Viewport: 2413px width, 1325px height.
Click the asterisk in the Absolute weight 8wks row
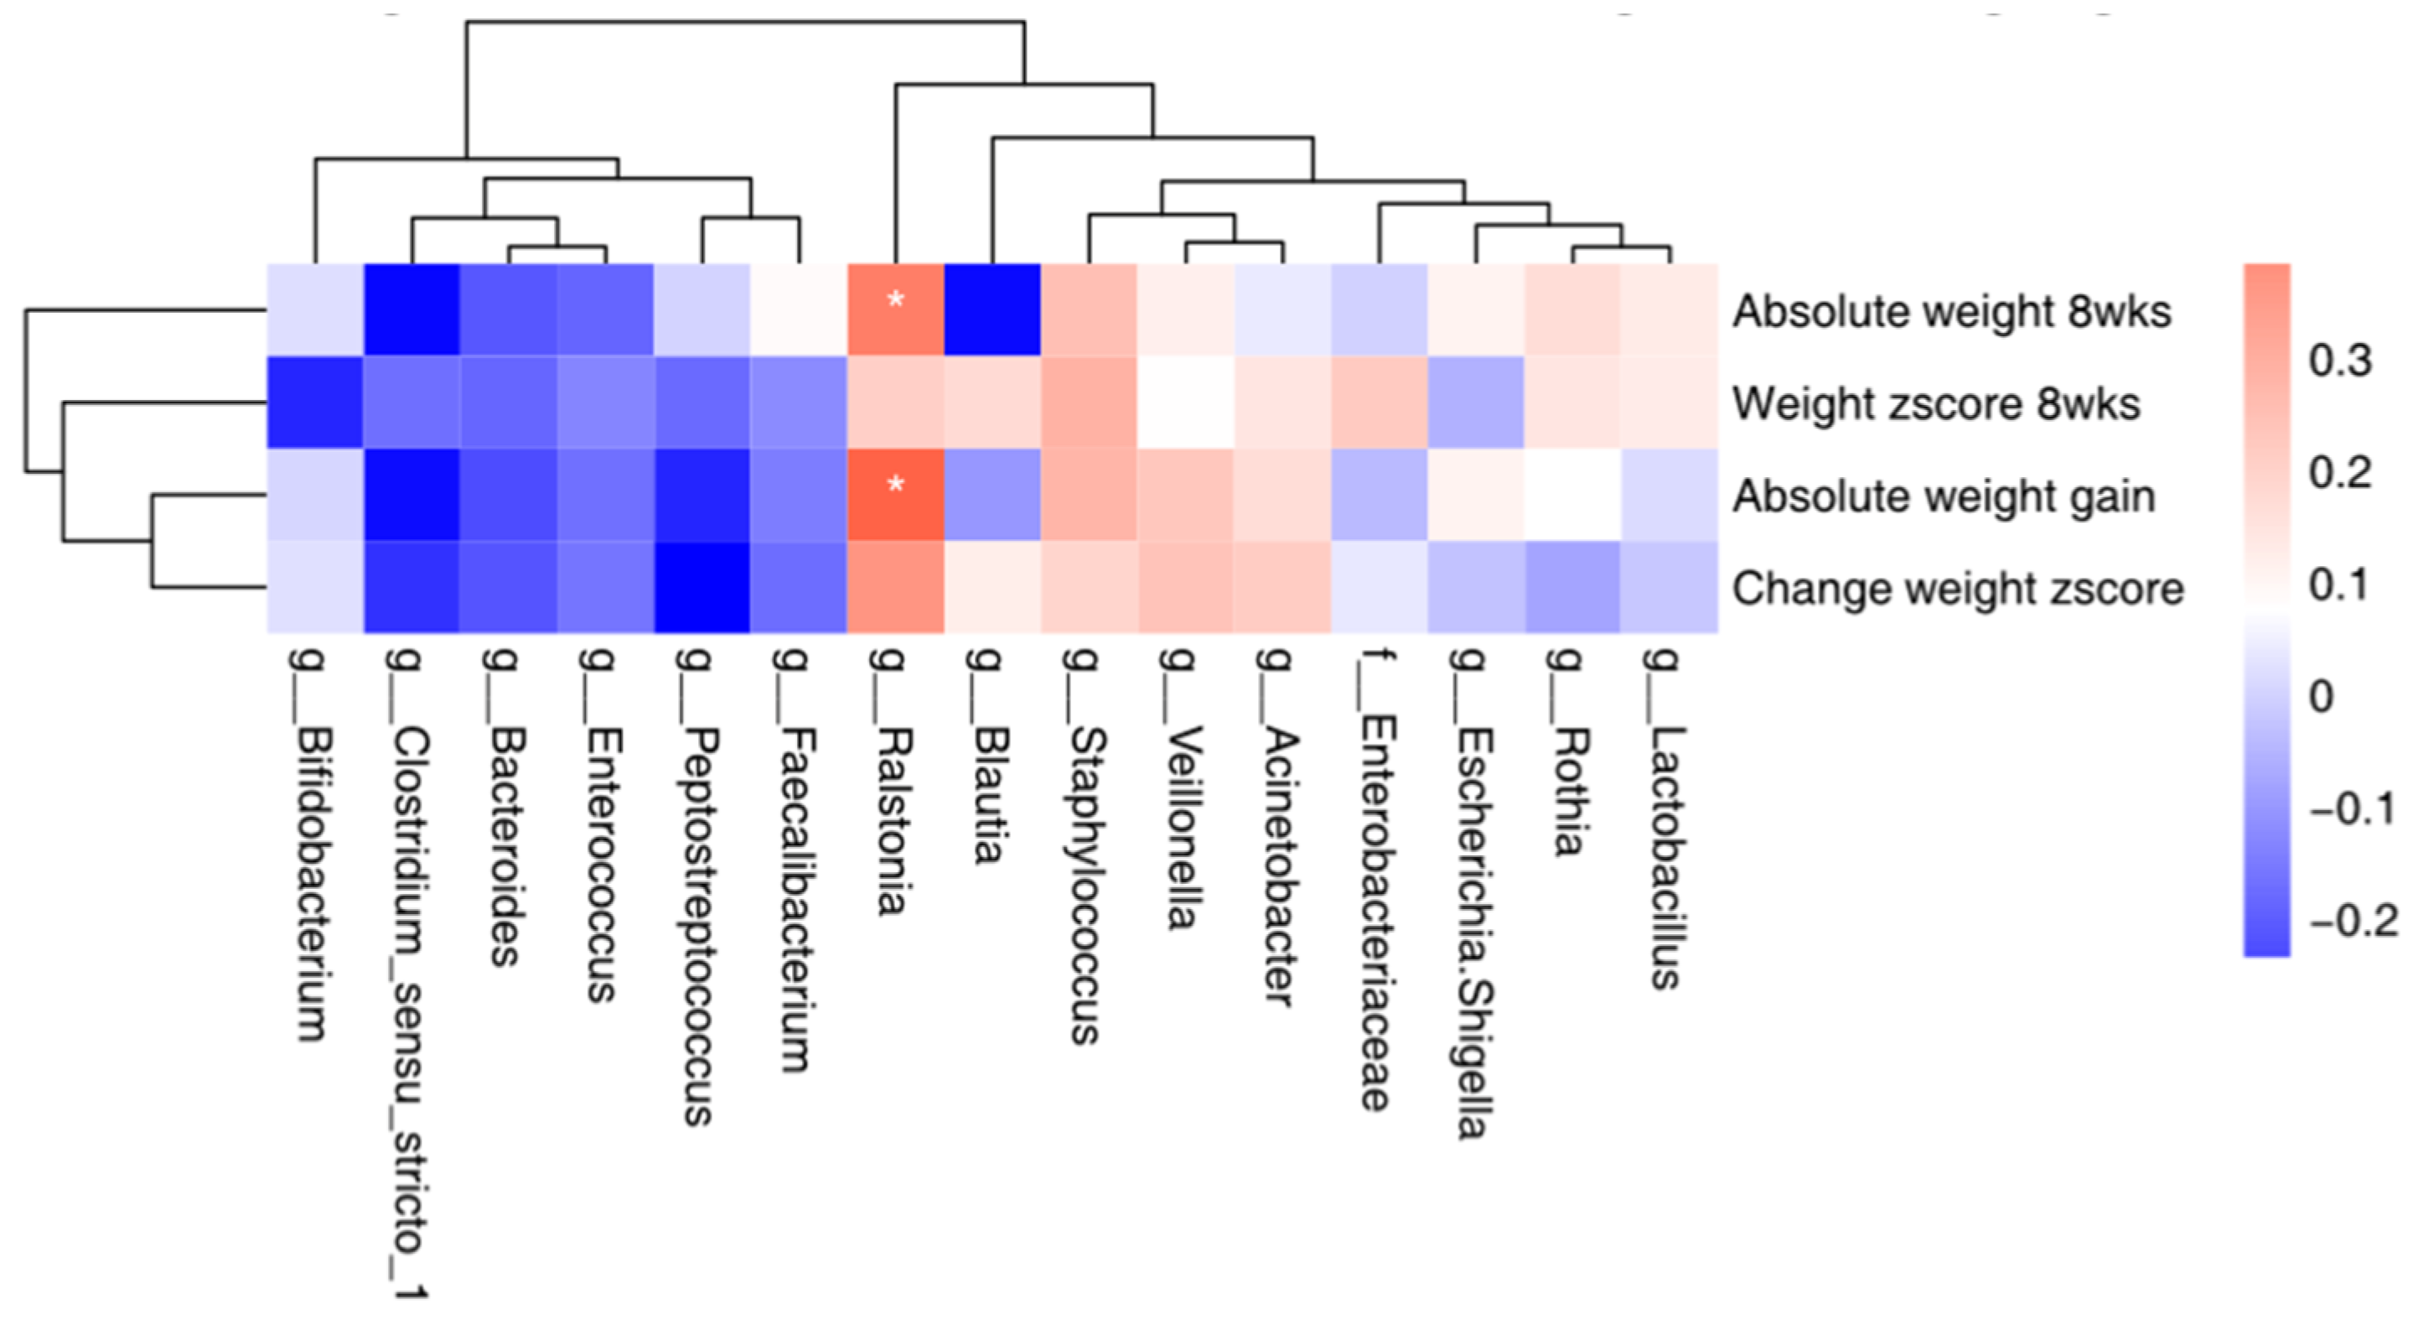895,301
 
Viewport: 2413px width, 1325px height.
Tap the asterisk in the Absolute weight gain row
895,485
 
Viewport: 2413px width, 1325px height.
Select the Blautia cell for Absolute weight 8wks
992,310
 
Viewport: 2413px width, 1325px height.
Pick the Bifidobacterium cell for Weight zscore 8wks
315,402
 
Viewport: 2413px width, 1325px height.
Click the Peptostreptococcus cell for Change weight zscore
702,588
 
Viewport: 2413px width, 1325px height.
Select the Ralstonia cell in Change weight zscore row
895,588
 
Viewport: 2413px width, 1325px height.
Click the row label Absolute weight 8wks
1951,311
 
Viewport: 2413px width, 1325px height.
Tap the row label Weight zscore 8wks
1936,404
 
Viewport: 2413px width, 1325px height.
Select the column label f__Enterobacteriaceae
1376,880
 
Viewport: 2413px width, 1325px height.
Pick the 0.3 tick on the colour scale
2339,361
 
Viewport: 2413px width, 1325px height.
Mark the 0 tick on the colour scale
2321,696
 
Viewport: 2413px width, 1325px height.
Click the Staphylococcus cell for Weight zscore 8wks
1089,402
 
